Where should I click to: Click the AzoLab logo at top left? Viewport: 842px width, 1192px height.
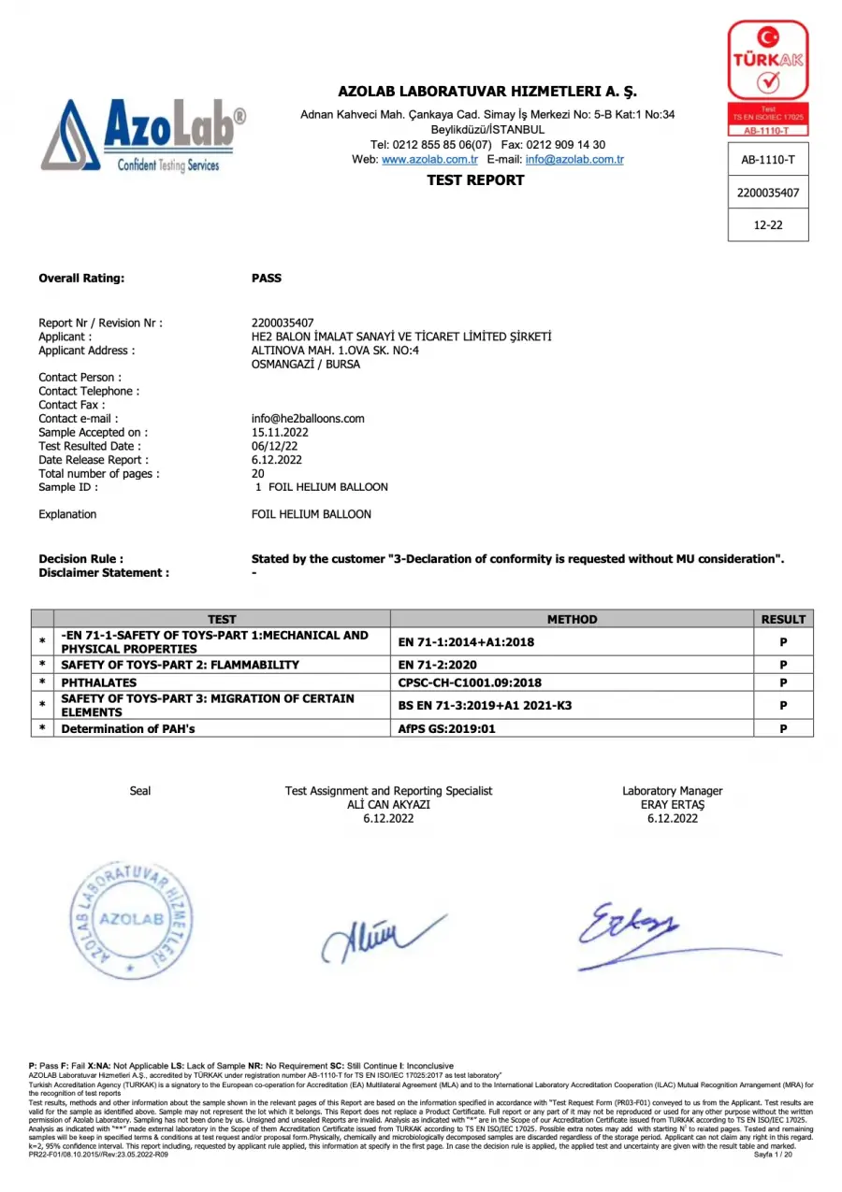point(143,136)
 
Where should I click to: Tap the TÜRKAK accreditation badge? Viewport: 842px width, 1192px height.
point(768,78)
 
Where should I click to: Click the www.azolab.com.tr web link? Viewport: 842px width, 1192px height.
point(429,160)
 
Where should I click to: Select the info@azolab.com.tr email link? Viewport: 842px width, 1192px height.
point(573,160)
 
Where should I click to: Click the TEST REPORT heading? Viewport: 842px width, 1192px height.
point(475,180)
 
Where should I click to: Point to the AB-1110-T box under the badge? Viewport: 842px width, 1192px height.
point(768,160)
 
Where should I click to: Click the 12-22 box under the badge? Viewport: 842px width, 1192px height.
point(768,225)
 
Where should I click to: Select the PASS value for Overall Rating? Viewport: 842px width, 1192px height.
point(267,278)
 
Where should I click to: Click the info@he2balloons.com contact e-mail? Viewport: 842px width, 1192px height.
point(308,419)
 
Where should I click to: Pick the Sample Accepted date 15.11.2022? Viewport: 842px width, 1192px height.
point(280,433)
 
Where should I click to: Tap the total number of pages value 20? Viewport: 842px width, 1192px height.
point(258,473)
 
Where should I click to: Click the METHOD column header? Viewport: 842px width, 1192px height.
point(572,619)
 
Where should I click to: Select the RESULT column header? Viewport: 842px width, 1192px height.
point(783,619)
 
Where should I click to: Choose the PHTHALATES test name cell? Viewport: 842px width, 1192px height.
point(98,682)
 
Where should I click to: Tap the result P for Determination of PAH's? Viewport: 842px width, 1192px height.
point(783,728)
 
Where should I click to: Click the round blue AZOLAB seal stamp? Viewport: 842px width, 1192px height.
point(132,920)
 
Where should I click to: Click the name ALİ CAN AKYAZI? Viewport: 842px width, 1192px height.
point(388,805)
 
